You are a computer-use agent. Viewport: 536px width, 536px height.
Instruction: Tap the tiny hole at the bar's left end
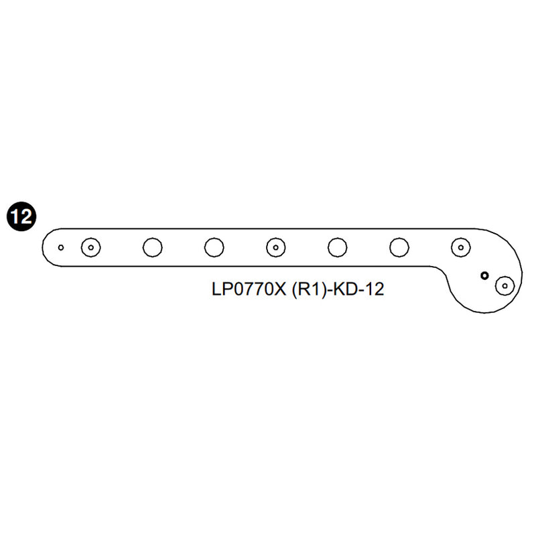(61, 247)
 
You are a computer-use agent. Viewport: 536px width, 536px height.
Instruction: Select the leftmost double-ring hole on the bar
(90, 247)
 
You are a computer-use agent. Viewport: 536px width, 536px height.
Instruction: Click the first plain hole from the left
(152, 247)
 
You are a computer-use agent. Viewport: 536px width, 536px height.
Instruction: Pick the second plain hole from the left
(214, 247)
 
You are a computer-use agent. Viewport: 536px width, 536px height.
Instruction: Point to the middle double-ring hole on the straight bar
(275, 247)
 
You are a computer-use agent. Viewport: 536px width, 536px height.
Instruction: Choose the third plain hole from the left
(337, 247)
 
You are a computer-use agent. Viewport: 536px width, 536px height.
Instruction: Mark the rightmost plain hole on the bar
(399, 247)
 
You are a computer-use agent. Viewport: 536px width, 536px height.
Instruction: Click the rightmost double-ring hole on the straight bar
(460, 247)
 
